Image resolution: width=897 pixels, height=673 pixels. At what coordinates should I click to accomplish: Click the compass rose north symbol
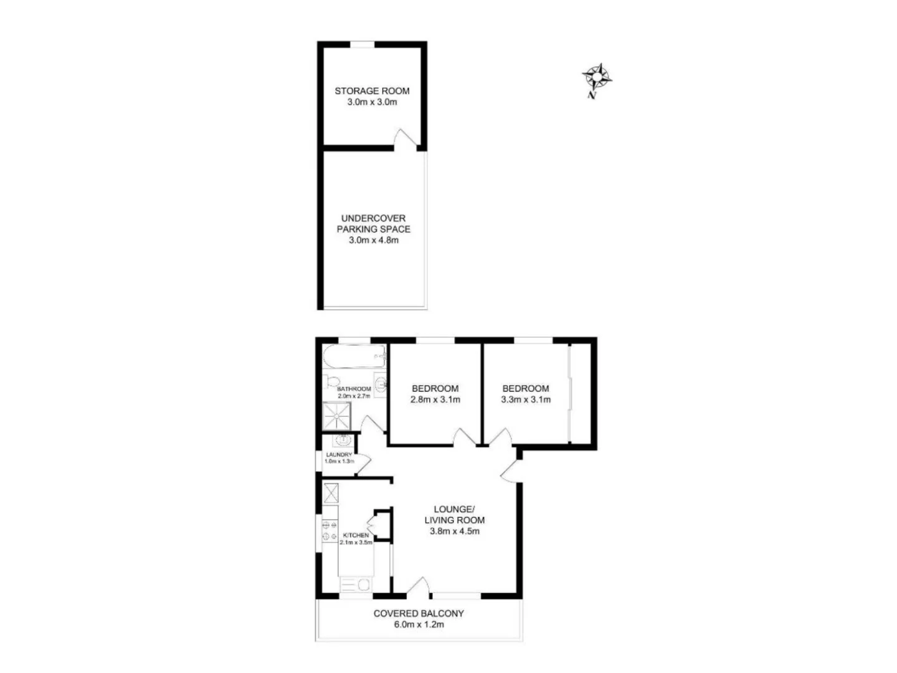[x=597, y=77]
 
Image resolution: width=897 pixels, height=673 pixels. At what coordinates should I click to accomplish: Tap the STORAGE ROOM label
[x=372, y=91]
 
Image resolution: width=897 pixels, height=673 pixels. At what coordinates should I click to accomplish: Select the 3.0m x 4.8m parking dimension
[x=373, y=241]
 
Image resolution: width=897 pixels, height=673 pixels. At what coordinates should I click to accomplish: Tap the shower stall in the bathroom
[x=337, y=416]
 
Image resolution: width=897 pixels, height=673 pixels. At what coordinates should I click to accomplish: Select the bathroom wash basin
[x=381, y=384]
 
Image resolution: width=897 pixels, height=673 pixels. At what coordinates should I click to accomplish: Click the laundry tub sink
[x=343, y=441]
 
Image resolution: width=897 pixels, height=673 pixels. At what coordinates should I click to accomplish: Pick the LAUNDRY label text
[x=339, y=455]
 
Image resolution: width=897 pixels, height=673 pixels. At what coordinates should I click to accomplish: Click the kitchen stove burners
[x=329, y=531]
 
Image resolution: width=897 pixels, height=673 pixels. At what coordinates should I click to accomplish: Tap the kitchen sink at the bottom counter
[x=356, y=585]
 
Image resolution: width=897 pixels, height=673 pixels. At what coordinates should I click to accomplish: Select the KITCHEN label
[x=356, y=536]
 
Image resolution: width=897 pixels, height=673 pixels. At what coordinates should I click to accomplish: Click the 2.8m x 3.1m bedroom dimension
[x=435, y=400]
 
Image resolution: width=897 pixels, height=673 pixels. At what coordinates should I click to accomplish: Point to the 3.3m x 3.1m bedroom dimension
[x=526, y=400]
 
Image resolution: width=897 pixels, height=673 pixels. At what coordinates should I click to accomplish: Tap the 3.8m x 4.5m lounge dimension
[x=454, y=532]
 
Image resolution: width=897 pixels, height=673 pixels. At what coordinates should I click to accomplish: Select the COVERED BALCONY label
[x=419, y=613]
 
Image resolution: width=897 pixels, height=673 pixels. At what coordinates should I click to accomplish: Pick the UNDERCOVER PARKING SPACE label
[x=373, y=224]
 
